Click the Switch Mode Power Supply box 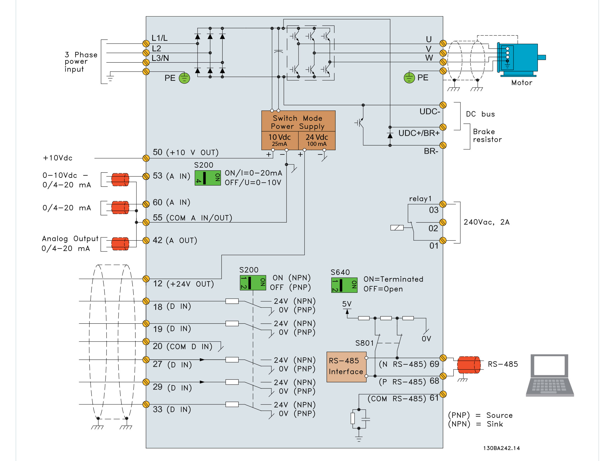click(x=298, y=130)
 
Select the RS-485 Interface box click(x=346, y=367)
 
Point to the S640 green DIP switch click(x=344, y=285)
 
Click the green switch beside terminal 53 click(x=208, y=178)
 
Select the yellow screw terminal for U click(x=443, y=43)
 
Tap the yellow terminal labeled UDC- click(x=443, y=105)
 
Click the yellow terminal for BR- click(x=443, y=145)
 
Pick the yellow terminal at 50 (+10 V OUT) click(x=146, y=158)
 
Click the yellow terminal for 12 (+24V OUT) click(x=146, y=279)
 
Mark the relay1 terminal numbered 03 click(x=443, y=204)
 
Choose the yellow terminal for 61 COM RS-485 click(x=443, y=394)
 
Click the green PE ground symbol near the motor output click(x=409, y=78)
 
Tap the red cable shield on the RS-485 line click(x=469, y=365)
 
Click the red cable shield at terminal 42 click(x=120, y=244)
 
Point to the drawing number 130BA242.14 click(x=501, y=448)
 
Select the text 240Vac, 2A click(x=487, y=222)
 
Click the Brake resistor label click(x=487, y=135)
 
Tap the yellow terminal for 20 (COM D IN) click(x=146, y=341)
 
